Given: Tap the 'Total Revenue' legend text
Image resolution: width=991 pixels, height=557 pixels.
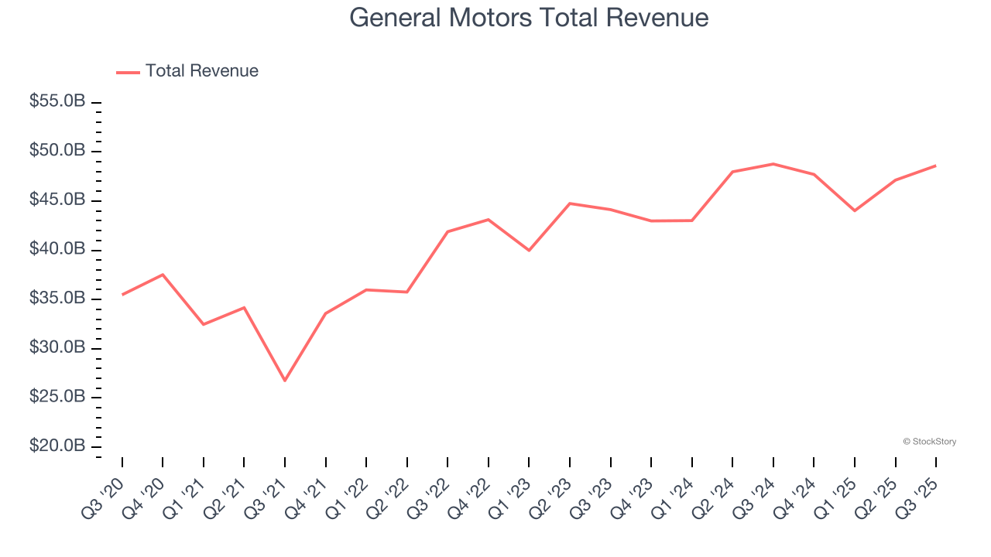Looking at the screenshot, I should click(201, 71).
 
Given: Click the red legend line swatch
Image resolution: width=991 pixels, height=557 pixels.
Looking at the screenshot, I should click(128, 72).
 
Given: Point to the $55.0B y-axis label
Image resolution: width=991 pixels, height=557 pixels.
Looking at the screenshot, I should click(58, 101).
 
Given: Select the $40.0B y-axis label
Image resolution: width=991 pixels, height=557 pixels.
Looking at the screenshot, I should click(58, 249).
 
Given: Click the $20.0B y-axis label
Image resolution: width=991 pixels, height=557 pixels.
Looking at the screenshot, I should click(58, 446).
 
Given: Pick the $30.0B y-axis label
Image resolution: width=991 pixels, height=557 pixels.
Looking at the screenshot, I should click(58, 348).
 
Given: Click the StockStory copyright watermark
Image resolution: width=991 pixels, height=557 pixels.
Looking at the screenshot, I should click(929, 442).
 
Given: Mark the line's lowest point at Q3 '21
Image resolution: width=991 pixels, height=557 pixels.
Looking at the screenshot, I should click(285, 381).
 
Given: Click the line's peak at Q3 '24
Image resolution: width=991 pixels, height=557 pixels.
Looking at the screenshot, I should click(773, 164).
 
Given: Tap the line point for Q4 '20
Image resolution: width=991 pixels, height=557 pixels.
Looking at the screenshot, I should click(163, 275).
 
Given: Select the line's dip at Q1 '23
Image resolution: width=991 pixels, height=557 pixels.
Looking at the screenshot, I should click(529, 251).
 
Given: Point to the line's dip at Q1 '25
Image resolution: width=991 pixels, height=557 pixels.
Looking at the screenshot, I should click(855, 210).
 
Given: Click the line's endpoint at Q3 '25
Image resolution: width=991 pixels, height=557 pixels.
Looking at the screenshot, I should click(936, 166).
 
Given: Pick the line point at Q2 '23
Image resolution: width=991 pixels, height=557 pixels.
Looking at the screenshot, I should click(570, 203).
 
